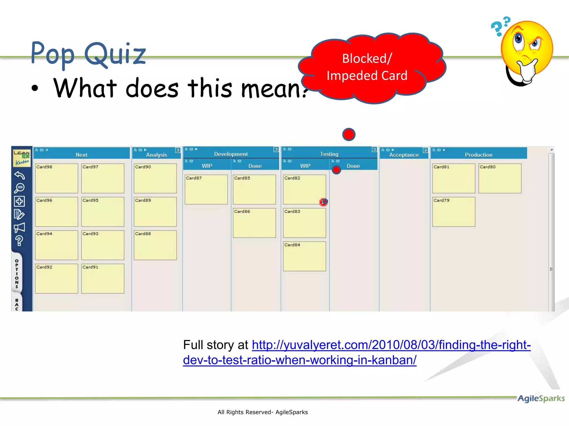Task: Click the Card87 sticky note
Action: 206,189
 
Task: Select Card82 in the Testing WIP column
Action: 304,189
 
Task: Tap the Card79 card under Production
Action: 454,212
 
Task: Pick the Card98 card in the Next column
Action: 56,178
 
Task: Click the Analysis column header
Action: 156,155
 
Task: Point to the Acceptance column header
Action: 404,155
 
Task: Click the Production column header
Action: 478,155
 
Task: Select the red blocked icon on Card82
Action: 323,202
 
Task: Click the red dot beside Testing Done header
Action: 336,170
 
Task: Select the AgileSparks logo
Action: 541,399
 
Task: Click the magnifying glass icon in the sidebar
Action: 19,188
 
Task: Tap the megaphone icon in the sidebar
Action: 19,228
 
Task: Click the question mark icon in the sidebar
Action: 19,241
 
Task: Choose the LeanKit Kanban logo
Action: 22,158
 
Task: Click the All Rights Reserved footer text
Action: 263,412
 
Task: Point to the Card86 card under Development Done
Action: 254,223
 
